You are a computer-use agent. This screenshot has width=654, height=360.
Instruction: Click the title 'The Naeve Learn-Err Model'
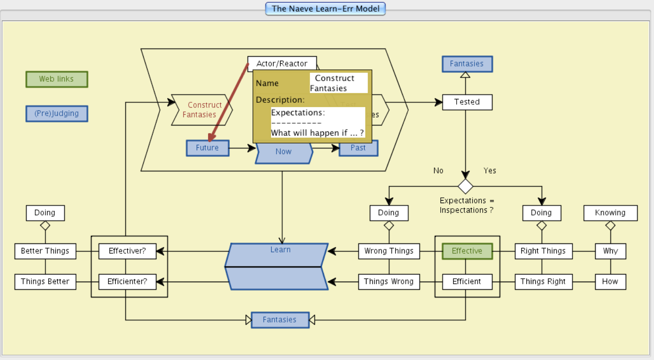coord(325,9)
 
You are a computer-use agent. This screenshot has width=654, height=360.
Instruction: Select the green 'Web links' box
coord(57,79)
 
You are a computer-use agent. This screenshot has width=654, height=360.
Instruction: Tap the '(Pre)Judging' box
coord(57,114)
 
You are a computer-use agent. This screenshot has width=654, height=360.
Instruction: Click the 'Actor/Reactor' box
coord(282,63)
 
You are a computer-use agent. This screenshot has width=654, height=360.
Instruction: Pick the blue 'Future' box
coord(208,148)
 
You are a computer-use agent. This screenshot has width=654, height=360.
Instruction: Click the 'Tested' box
coord(467,102)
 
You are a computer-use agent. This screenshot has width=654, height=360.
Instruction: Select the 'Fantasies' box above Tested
coord(467,64)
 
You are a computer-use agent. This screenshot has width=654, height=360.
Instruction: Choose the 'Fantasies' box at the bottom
coord(280,320)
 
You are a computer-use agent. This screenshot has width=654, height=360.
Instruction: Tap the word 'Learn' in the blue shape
coord(281,249)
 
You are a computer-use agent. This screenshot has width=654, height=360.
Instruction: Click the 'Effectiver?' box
coord(127,251)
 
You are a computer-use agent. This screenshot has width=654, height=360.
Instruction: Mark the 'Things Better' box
coord(45,281)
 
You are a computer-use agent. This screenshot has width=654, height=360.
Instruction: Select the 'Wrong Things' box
coord(389,251)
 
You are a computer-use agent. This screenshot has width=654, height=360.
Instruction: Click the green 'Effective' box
coord(467,251)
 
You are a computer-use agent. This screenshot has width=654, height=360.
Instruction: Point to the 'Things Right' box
coord(543,281)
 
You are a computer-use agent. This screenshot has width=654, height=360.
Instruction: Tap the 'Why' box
coord(610,251)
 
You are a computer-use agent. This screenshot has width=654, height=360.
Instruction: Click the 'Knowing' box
coord(610,213)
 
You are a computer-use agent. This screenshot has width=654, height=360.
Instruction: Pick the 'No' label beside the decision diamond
coord(438,171)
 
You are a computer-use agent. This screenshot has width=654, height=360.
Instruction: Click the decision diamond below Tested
coord(465,187)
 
